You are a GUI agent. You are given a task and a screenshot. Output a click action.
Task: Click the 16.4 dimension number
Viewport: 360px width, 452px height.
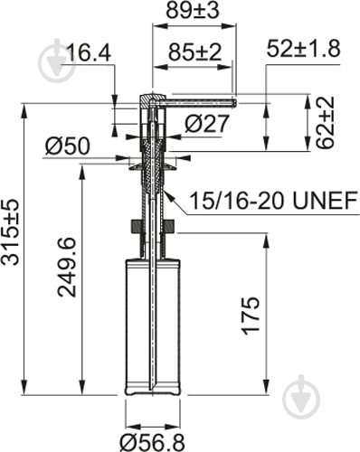(89, 55)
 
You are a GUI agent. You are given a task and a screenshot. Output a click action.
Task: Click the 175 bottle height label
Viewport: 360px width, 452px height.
(252, 315)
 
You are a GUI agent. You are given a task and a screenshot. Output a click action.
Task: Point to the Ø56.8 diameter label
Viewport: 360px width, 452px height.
(155, 440)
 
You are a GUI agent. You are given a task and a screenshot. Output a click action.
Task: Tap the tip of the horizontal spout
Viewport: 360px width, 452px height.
(232, 102)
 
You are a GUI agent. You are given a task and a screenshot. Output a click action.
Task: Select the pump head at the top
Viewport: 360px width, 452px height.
(152, 100)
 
